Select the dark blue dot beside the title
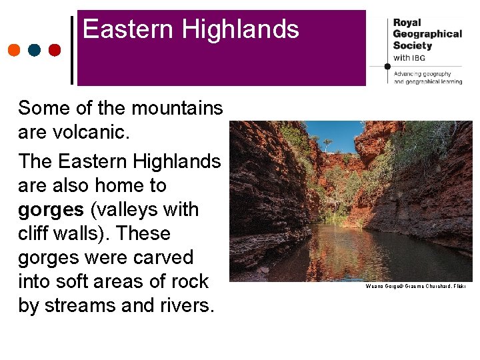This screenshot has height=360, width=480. pos(35,50)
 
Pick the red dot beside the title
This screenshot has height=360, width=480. pos(55,50)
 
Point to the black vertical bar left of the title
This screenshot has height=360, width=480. pos(72,50)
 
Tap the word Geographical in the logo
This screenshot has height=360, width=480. pos(427,34)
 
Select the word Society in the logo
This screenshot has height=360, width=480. pos(413,46)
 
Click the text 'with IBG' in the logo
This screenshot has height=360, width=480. pos(409,58)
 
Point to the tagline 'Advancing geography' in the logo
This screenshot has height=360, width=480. pos(423,74)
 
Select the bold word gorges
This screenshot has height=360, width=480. pos(51,209)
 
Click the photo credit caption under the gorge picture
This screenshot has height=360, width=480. pos(415,286)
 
